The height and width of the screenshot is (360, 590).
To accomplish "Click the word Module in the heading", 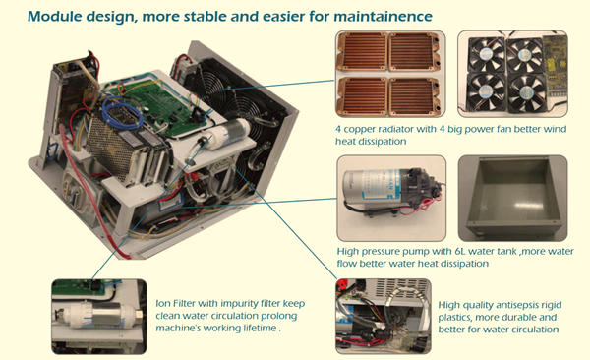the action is click(x=53, y=16).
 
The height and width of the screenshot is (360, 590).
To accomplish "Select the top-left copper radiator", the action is click(x=362, y=51).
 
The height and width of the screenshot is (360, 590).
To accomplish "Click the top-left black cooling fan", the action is click(x=486, y=55).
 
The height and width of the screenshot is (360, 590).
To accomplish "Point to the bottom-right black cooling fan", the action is click(x=526, y=92).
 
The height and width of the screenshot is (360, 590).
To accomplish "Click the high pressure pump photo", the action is click(x=391, y=198).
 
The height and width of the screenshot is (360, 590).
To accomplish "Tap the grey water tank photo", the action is click(x=512, y=198).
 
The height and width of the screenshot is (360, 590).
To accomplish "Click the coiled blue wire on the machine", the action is click(x=123, y=111).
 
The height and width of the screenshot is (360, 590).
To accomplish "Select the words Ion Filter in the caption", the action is click(x=175, y=304).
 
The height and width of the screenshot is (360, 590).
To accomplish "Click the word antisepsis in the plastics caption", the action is click(x=521, y=305).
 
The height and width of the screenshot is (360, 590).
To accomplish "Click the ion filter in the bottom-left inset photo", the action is click(x=99, y=315).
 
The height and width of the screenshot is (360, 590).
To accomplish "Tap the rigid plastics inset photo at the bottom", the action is click(x=383, y=317).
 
